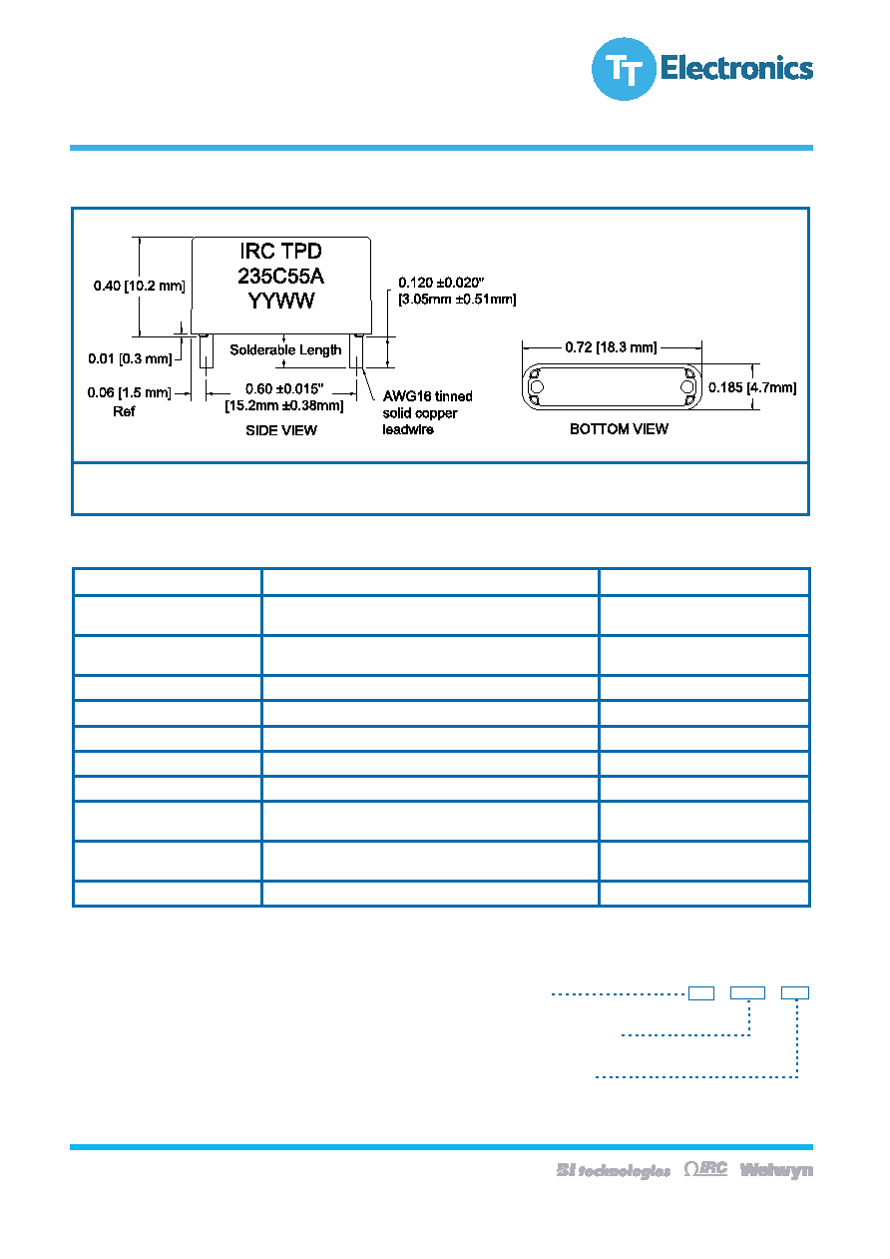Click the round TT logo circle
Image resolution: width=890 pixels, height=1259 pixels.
click(624, 69)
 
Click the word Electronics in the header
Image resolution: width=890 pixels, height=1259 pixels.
click(736, 68)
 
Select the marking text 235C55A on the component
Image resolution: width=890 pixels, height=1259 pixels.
click(280, 276)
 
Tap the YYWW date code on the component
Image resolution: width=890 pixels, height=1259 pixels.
click(280, 301)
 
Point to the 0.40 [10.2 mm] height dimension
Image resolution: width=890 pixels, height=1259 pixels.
click(139, 286)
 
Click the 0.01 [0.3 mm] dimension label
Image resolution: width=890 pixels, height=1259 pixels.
click(130, 358)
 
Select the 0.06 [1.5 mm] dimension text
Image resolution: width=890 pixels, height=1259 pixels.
click(129, 392)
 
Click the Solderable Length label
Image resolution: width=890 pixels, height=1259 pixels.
click(285, 349)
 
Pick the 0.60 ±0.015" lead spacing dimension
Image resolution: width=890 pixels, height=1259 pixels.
click(284, 388)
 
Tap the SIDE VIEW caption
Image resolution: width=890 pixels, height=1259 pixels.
click(281, 430)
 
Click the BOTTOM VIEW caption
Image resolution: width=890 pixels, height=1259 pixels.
click(619, 429)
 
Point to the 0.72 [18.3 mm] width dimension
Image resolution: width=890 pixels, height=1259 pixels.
click(611, 347)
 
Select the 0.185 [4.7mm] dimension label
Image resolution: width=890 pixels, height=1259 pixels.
click(752, 387)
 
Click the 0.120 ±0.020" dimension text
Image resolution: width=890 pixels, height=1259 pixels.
click(441, 283)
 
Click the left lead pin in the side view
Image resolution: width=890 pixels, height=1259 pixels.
click(207, 351)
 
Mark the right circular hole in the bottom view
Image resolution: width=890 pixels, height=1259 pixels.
click(687, 386)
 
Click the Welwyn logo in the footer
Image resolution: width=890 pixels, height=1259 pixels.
click(776, 1169)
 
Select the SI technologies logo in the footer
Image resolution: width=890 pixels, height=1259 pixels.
click(614, 1170)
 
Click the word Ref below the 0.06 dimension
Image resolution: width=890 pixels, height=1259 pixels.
click(124, 411)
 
